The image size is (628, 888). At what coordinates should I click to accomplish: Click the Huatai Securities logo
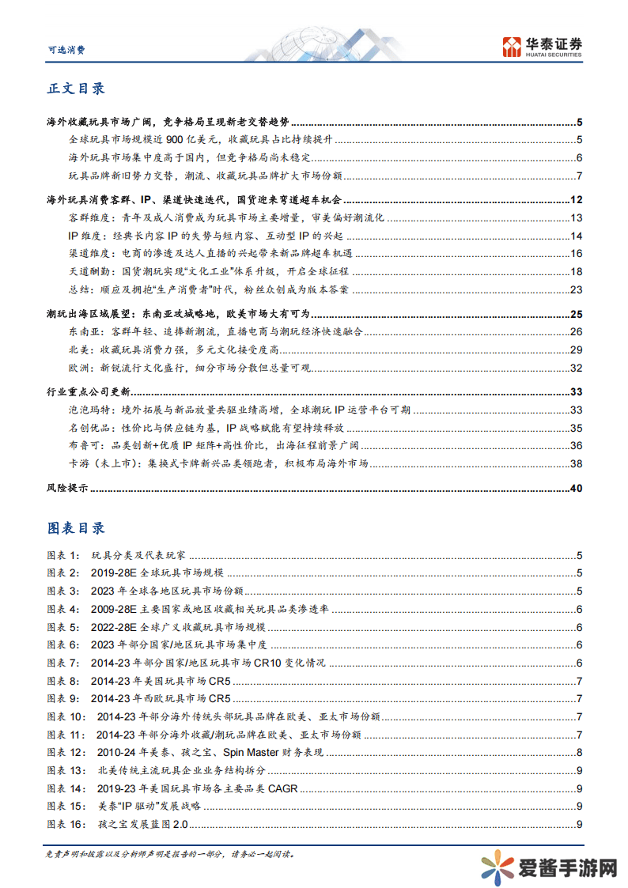point(542,47)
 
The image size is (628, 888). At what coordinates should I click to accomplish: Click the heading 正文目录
point(77,89)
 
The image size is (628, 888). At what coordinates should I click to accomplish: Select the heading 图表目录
point(77,527)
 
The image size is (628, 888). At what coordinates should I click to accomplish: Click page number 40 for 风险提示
point(576,488)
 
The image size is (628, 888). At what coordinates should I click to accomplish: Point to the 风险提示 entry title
point(66,488)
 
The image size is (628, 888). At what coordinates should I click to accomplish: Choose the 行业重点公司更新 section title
point(88,391)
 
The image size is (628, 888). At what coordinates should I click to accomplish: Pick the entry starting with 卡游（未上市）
point(218,464)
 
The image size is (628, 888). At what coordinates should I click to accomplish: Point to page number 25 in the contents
point(576,314)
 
